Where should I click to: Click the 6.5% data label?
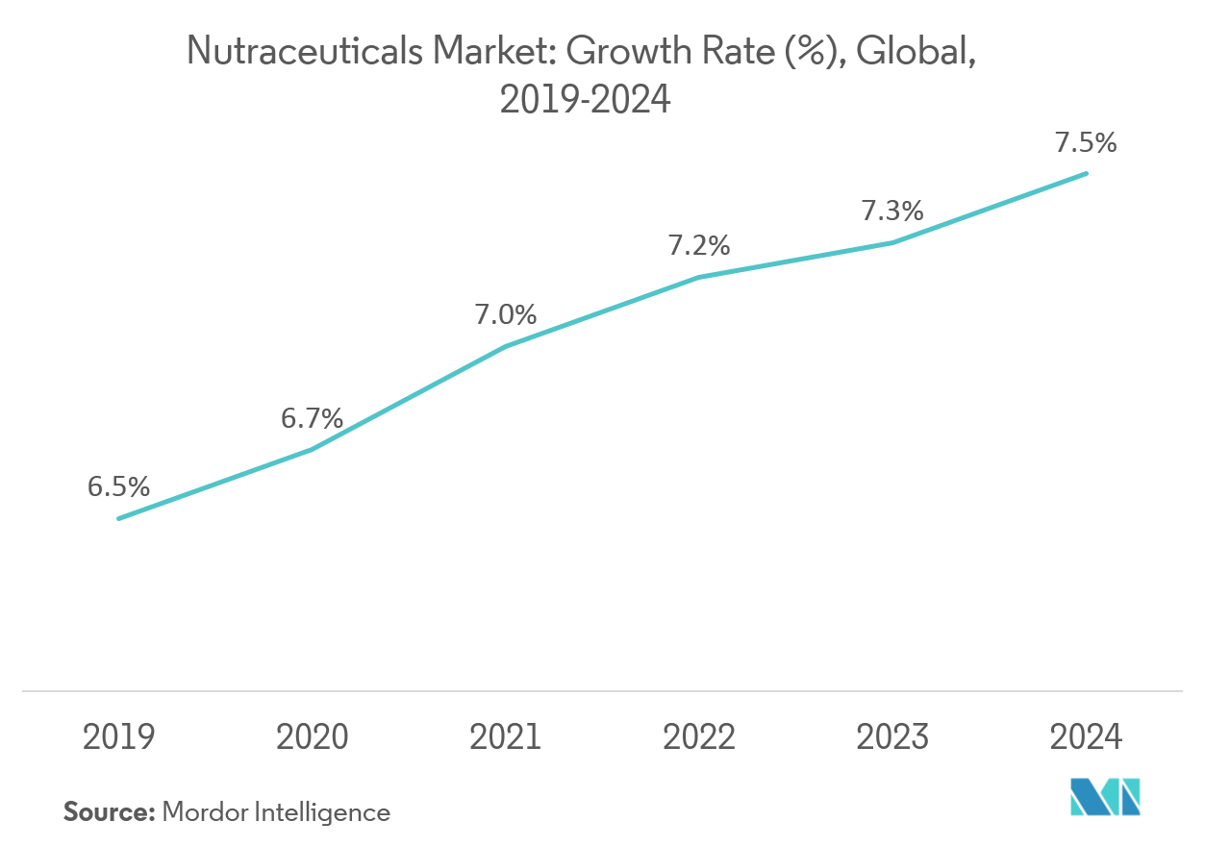pos(118,487)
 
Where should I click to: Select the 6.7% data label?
pos(312,418)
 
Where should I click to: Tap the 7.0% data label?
pos(505,314)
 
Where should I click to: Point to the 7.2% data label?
pos(699,246)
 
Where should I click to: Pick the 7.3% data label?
pos(891,211)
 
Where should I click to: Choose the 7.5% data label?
pos(1086,143)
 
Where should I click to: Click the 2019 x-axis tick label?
pos(118,737)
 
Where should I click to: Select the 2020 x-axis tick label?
pos(312,737)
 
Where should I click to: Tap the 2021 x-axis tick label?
pos(505,737)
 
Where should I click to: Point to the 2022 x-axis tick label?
pos(699,737)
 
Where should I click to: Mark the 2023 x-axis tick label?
pos(892,737)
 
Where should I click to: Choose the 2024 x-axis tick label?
pos(1086,737)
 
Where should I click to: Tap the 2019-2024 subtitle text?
pos(585,99)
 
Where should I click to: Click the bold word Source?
pos(109,812)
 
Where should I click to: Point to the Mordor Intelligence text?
pos(276,812)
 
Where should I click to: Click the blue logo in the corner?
pos(1106,796)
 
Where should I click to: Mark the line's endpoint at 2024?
pos(1087,174)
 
